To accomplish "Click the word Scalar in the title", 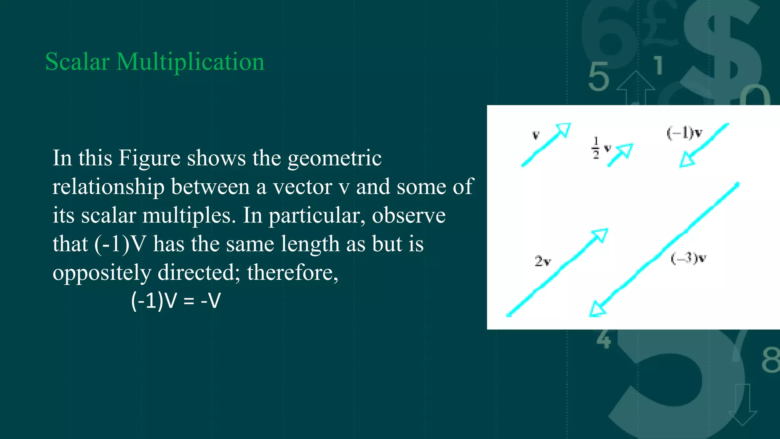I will tap(77, 62).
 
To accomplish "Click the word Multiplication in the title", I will tap(190, 62).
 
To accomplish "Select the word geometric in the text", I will tap(334, 159).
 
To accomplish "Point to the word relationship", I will tap(109, 187).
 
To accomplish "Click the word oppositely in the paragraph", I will tap(102, 273).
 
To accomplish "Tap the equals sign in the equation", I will tap(189, 301).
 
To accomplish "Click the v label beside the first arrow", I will tap(536, 135).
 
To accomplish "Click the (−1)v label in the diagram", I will tap(684, 133).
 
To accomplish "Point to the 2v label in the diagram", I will tap(543, 261).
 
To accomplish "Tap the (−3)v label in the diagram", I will tap(688, 258).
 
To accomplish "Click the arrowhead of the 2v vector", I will tap(600, 236).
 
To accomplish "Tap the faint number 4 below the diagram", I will tap(604, 339).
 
